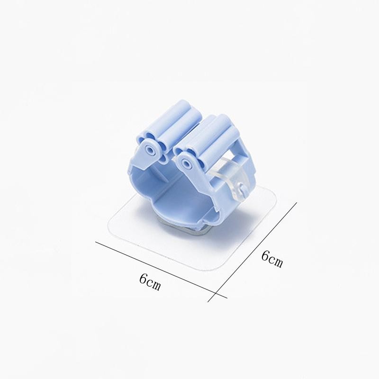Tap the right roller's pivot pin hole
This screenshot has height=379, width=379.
(x=186, y=162)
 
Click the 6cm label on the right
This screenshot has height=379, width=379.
(x=272, y=259)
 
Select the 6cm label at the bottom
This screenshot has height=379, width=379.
(x=150, y=282)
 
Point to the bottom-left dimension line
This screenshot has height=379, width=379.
(x=161, y=270)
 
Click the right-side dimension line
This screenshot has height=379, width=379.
(x=252, y=252)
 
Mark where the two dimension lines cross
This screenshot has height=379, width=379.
(x=216, y=293)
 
